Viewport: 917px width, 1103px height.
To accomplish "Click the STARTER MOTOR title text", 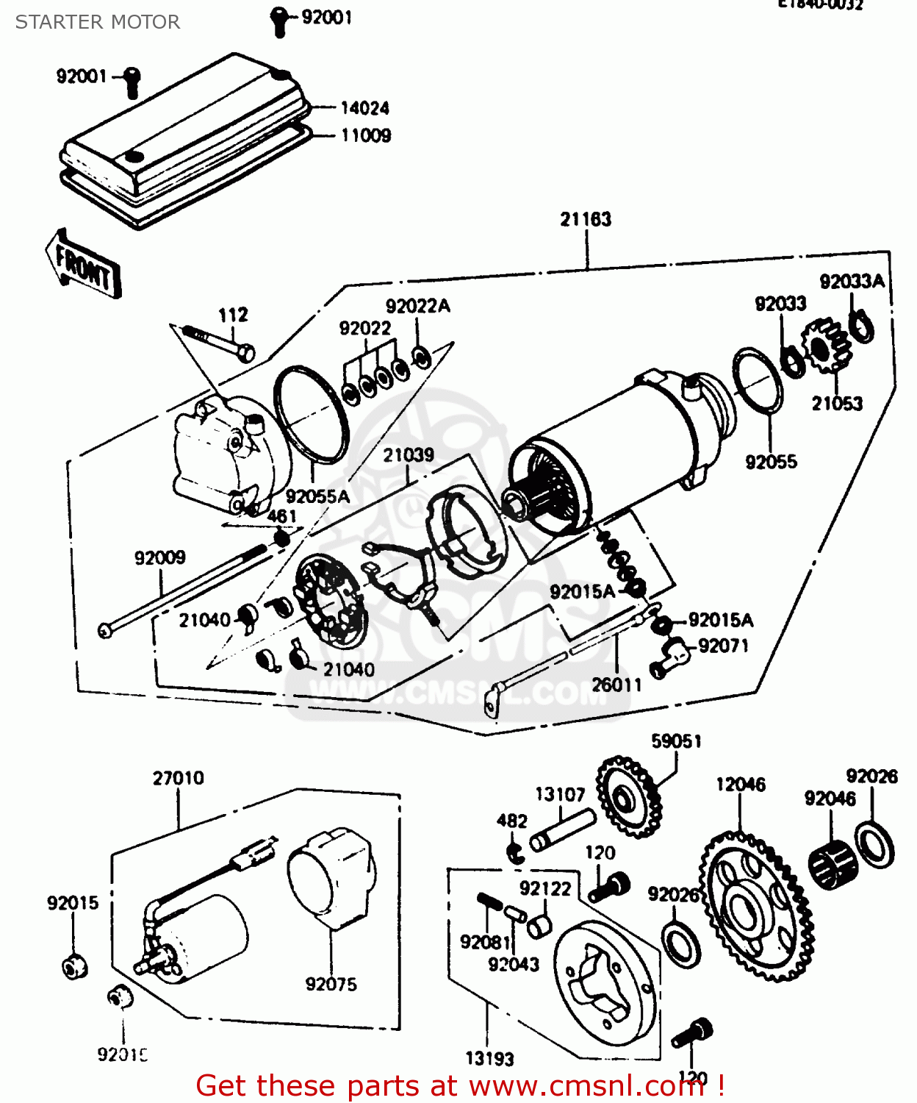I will coord(97,22).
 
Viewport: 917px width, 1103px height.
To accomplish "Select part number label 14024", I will coord(364,108).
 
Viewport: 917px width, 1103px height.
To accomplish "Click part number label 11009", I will coord(366,135).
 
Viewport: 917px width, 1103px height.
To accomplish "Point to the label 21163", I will coord(586,219).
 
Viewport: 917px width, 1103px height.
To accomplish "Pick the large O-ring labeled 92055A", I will coord(311,413).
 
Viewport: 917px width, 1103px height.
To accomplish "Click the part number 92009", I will coord(160,557).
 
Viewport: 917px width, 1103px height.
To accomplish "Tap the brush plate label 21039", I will coord(409,455).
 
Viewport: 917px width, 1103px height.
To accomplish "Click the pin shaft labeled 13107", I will coord(562,830).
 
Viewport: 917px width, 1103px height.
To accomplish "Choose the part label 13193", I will coord(489,1058).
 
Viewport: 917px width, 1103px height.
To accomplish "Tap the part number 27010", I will coord(179,778).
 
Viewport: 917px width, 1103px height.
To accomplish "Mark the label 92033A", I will coord(852,282).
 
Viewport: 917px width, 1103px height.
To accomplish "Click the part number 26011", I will coord(616,685).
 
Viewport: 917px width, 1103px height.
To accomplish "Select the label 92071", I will coord(724,646).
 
